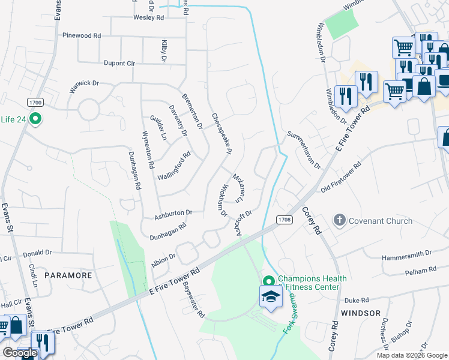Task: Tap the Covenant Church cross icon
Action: pos(340,220)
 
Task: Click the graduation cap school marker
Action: pos(271,297)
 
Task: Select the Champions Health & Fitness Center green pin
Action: pos(269,281)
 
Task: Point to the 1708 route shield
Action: pos(284,220)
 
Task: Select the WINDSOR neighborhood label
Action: pos(361,313)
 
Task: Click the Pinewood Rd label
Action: pos(81,36)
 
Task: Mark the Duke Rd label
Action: pos(356,300)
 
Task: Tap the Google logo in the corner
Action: pos(20,353)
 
